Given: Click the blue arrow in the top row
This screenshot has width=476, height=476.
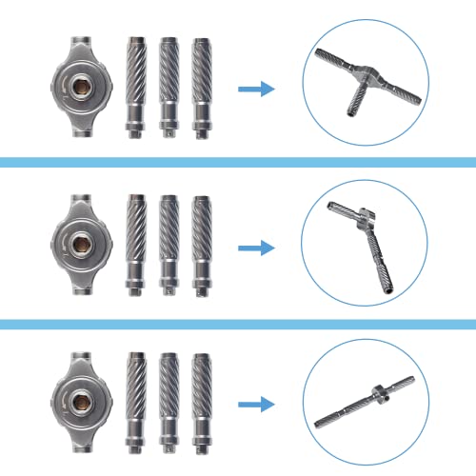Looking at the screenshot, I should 254,89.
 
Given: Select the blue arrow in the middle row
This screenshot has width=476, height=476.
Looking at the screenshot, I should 254,248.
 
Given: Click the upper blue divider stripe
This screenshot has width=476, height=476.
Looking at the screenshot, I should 238,164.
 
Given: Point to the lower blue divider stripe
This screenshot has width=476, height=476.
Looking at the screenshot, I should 238,325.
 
